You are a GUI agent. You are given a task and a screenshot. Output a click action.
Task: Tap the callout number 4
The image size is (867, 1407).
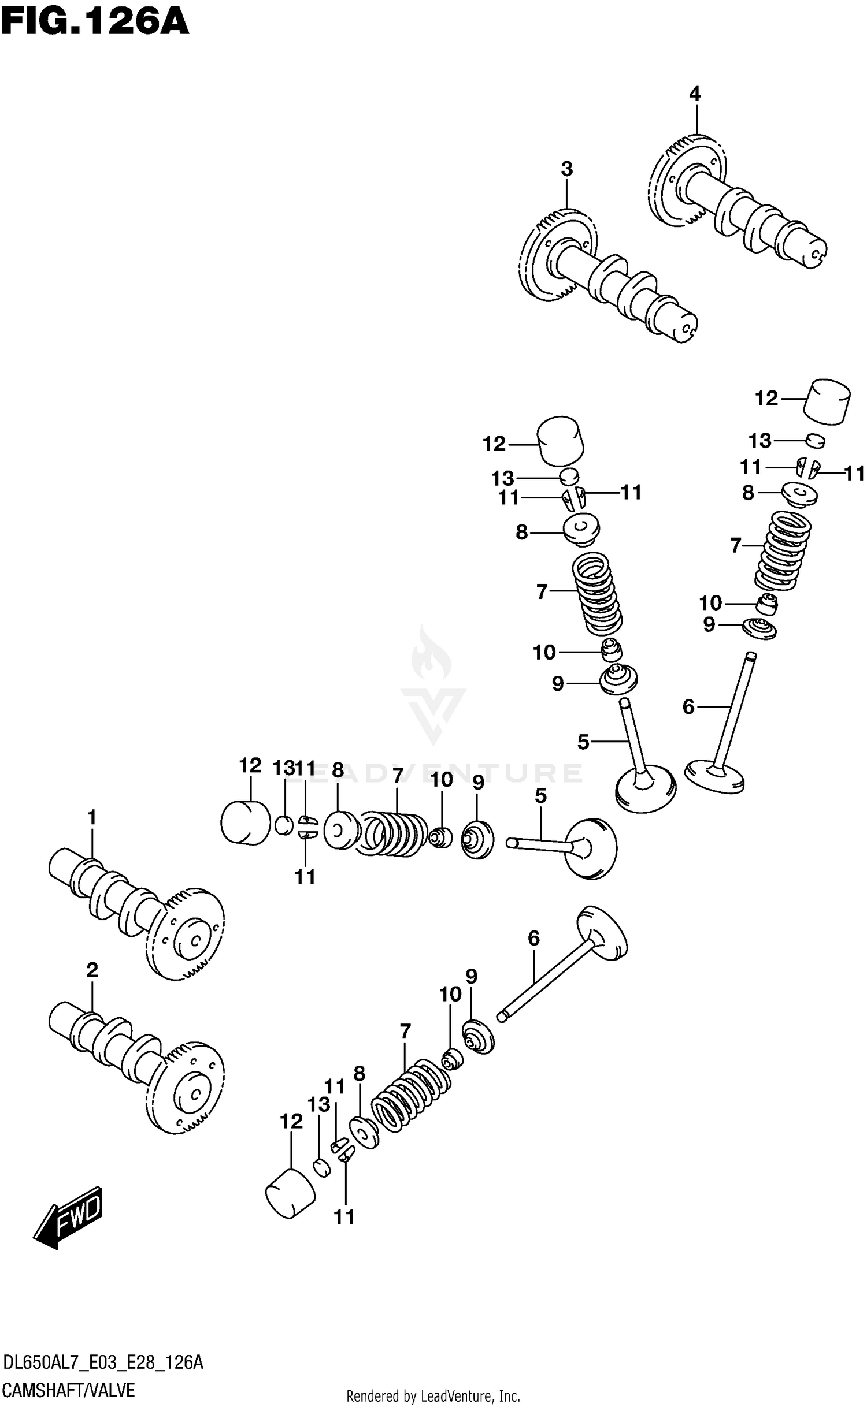(x=694, y=94)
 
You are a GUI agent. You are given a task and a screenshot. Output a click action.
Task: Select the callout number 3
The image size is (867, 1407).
(x=566, y=169)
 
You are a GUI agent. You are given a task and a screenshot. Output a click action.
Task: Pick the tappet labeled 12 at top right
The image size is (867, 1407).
(x=827, y=402)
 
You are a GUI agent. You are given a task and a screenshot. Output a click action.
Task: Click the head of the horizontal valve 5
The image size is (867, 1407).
(x=591, y=848)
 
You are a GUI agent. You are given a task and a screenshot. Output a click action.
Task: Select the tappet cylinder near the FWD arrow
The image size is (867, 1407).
(x=290, y=1194)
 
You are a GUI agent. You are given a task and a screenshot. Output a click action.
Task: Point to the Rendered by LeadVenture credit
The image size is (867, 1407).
(x=433, y=1397)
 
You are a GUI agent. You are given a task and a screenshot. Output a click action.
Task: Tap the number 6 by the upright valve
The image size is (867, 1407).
(x=688, y=706)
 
